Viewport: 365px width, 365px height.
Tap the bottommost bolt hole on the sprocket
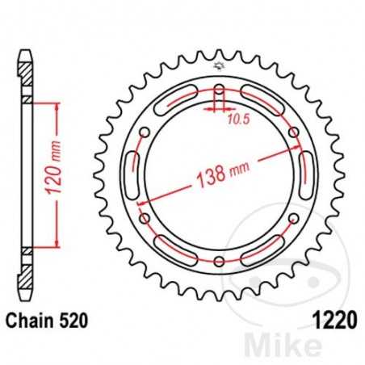coord(220,259)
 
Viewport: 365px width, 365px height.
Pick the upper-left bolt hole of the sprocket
coord(145,131)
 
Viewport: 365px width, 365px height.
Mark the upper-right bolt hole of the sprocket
coord(295,131)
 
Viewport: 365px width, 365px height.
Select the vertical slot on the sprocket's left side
coord(134,174)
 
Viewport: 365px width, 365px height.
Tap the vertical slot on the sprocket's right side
coord(307,174)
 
